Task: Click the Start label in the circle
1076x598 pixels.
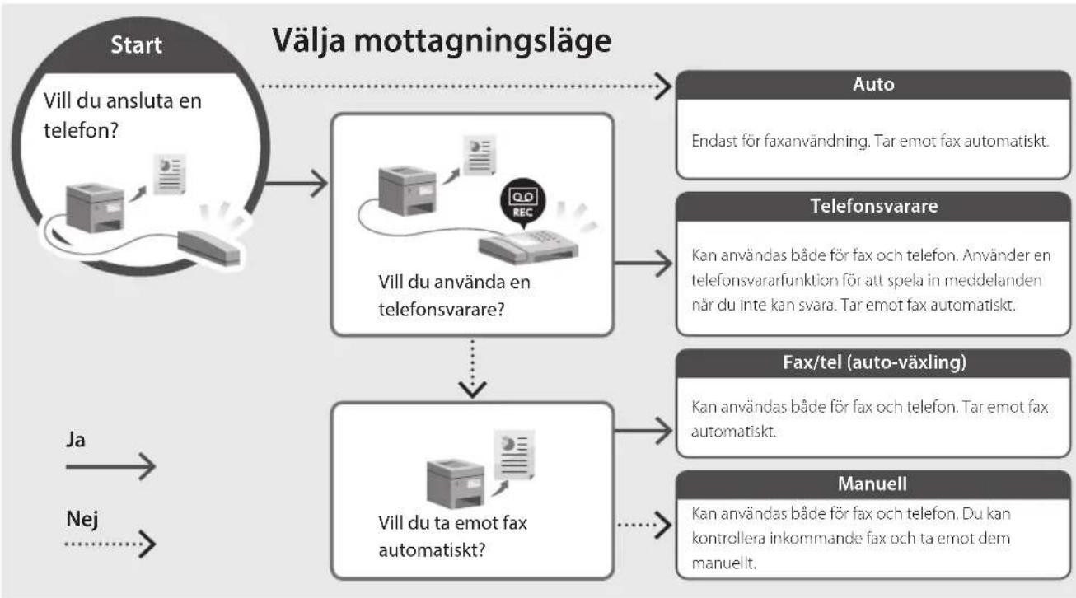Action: coord(136,44)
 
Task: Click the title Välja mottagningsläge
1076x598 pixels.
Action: coord(442,41)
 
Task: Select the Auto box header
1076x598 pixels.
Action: coord(873,85)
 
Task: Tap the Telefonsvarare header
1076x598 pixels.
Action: coord(873,206)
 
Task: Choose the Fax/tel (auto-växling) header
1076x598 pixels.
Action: coord(873,362)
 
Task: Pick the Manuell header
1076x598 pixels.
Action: coord(873,484)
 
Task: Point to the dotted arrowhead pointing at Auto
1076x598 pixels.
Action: coord(663,86)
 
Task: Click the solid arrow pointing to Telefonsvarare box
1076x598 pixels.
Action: coord(643,264)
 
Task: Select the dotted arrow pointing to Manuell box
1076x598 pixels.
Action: coord(644,525)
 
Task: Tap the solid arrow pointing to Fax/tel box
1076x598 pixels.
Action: coord(643,430)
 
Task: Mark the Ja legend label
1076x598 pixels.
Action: coord(76,441)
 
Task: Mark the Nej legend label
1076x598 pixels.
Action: coord(82,520)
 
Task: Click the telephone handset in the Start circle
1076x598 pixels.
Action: coord(208,247)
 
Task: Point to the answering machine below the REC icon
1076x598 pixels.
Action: coord(528,246)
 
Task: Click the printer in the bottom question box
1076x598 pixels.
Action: coord(455,483)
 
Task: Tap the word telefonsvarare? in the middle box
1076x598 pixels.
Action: coord(442,310)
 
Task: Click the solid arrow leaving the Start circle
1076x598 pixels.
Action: coord(296,183)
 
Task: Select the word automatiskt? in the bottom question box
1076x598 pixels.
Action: coord(433,550)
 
